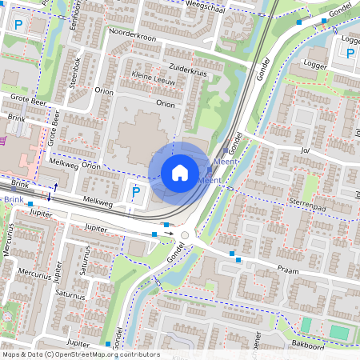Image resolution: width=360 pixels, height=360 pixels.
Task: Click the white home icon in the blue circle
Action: (x=180, y=172)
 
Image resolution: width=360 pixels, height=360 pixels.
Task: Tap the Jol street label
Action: (x=304, y=149)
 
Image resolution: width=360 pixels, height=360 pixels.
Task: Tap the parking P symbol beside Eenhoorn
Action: (x=18, y=25)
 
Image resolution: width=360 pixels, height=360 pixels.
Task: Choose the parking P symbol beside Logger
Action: (x=350, y=54)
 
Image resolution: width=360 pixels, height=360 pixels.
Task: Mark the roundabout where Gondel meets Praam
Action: (x=186, y=236)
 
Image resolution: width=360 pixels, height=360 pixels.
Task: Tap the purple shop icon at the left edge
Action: (x=3, y=141)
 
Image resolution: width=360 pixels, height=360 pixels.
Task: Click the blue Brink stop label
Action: (x=12, y=198)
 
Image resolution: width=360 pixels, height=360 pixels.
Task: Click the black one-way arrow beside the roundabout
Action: (x=169, y=234)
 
